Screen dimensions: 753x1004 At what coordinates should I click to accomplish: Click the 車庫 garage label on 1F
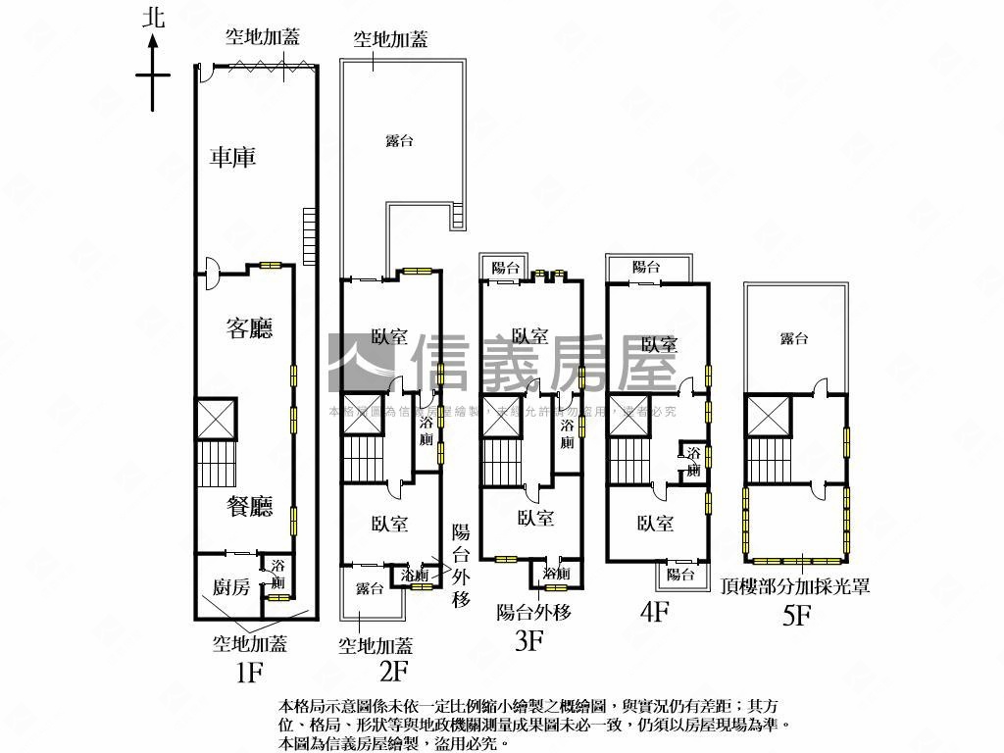pos(233,157)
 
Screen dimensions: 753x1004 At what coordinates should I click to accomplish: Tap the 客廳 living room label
pos(249,328)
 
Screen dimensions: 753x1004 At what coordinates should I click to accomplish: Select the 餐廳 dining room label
pos(249,507)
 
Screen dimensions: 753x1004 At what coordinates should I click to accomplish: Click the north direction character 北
pos(153,18)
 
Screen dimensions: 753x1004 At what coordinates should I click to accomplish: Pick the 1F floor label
pos(250,673)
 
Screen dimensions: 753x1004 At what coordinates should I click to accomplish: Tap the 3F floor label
pos(529,641)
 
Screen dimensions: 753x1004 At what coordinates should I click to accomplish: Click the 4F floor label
pos(654,613)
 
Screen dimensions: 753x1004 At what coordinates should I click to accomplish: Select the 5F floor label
pos(796,616)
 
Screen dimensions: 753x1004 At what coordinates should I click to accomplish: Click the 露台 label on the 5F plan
pos(794,338)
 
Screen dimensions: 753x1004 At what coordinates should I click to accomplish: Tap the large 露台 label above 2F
pos(398,141)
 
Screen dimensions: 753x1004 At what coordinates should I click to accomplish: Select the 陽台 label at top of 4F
pos(646,267)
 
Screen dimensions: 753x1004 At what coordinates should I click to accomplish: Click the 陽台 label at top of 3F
pos(506,267)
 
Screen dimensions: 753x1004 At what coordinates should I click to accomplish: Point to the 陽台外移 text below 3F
pos(534,613)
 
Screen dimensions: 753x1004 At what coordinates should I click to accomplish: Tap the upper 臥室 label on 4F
pos(659,344)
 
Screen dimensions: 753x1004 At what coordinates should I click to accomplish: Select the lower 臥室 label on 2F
pos(390,526)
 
